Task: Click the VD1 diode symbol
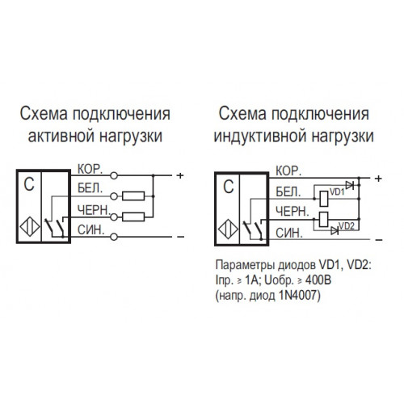(349, 185)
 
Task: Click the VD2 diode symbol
(335, 230)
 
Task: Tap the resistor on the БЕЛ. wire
(133, 196)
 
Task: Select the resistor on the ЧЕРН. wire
(133, 217)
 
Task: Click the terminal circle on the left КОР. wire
(114, 175)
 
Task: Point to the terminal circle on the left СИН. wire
(114, 237)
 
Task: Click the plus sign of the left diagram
(180, 175)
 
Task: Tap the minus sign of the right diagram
(379, 240)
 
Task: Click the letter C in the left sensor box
(29, 184)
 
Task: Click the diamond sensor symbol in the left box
(30, 227)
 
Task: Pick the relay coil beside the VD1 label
(324, 199)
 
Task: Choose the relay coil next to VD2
(324, 220)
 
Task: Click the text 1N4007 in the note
(297, 296)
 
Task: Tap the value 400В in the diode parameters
(318, 280)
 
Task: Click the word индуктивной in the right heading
(261, 136)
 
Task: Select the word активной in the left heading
(61, 136)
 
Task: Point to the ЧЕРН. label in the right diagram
(292, 212)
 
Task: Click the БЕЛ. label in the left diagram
(90, 188)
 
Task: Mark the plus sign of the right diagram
(378, 179)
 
